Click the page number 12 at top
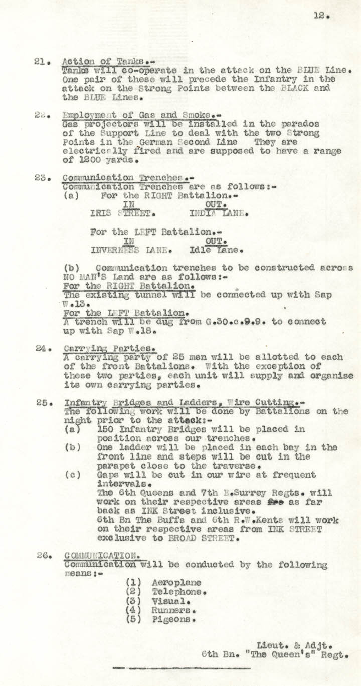(x=320, y=16)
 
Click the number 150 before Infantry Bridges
(x=106, y=429)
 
